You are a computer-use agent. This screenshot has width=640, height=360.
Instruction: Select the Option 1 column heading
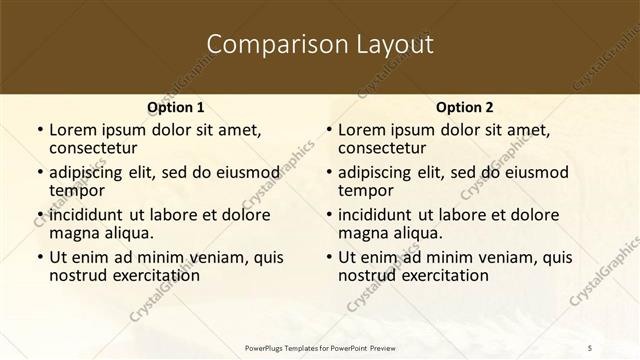[x=175, y=107]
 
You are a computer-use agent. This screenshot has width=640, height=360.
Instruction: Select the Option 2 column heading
[x=464, y=107]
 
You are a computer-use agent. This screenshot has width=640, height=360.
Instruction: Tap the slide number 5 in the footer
[x=590, y=346]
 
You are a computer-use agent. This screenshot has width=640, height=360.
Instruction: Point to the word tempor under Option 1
[x=78, y=190]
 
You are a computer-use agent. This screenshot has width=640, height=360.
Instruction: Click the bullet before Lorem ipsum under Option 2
[x=328, y=130]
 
